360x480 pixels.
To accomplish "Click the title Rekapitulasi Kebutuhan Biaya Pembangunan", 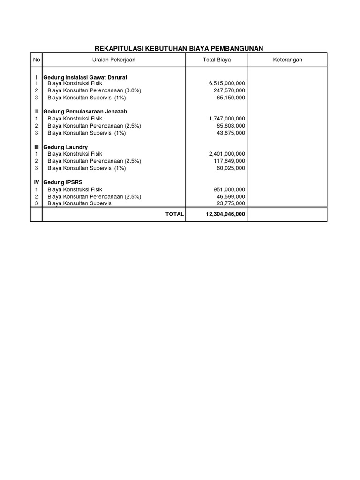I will [x=179, y=48].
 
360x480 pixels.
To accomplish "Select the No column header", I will [x=36, y=60].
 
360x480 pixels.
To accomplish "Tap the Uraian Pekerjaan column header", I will [x=113, y=60].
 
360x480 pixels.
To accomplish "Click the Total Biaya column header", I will [x=217, y=60].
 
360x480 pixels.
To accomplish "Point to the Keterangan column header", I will [x=287, y=60].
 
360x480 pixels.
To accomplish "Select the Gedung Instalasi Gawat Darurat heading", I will [x=85, y=77].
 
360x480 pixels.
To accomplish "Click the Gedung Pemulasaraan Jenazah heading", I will [x=85, y=112].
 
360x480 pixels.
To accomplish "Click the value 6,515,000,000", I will [x=227, y=83].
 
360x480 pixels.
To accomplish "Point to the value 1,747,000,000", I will [x=227, y=119].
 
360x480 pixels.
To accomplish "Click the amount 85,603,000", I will [x=231, y=126].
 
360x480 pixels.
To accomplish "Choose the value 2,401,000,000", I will [x=227, y=154].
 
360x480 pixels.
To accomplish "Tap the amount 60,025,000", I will [x=231, y=168].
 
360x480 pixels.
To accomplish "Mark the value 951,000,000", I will [x=229, y=189].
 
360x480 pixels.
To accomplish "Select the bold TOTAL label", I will [x=174, y=214].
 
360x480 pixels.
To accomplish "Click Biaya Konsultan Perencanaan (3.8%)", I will [x=94, y=90].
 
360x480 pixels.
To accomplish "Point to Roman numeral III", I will [x=36, y=147].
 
